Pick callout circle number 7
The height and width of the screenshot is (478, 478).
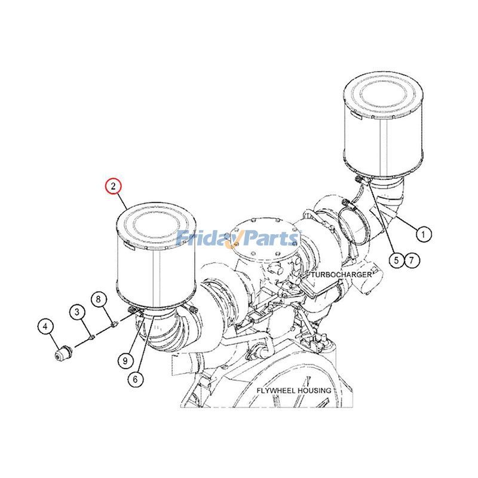coord(410,259)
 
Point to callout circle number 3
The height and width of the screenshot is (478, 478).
coord(77,311)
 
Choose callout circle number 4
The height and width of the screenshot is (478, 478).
coord(46,326)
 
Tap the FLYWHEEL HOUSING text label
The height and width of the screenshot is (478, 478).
coord(293,391)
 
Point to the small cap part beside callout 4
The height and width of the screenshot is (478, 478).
coord(62,353)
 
